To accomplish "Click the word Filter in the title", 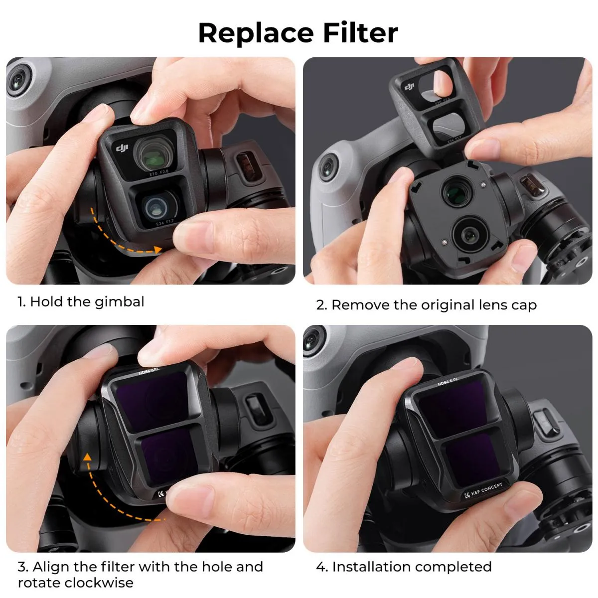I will coord(360,33).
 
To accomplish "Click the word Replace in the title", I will coord(256,33).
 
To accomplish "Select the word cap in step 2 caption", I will coord(523,305).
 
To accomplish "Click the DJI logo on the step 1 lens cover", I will coord(122,149).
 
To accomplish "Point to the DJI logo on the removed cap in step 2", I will coord(410,88).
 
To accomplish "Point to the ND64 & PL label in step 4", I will coord(448,381).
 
